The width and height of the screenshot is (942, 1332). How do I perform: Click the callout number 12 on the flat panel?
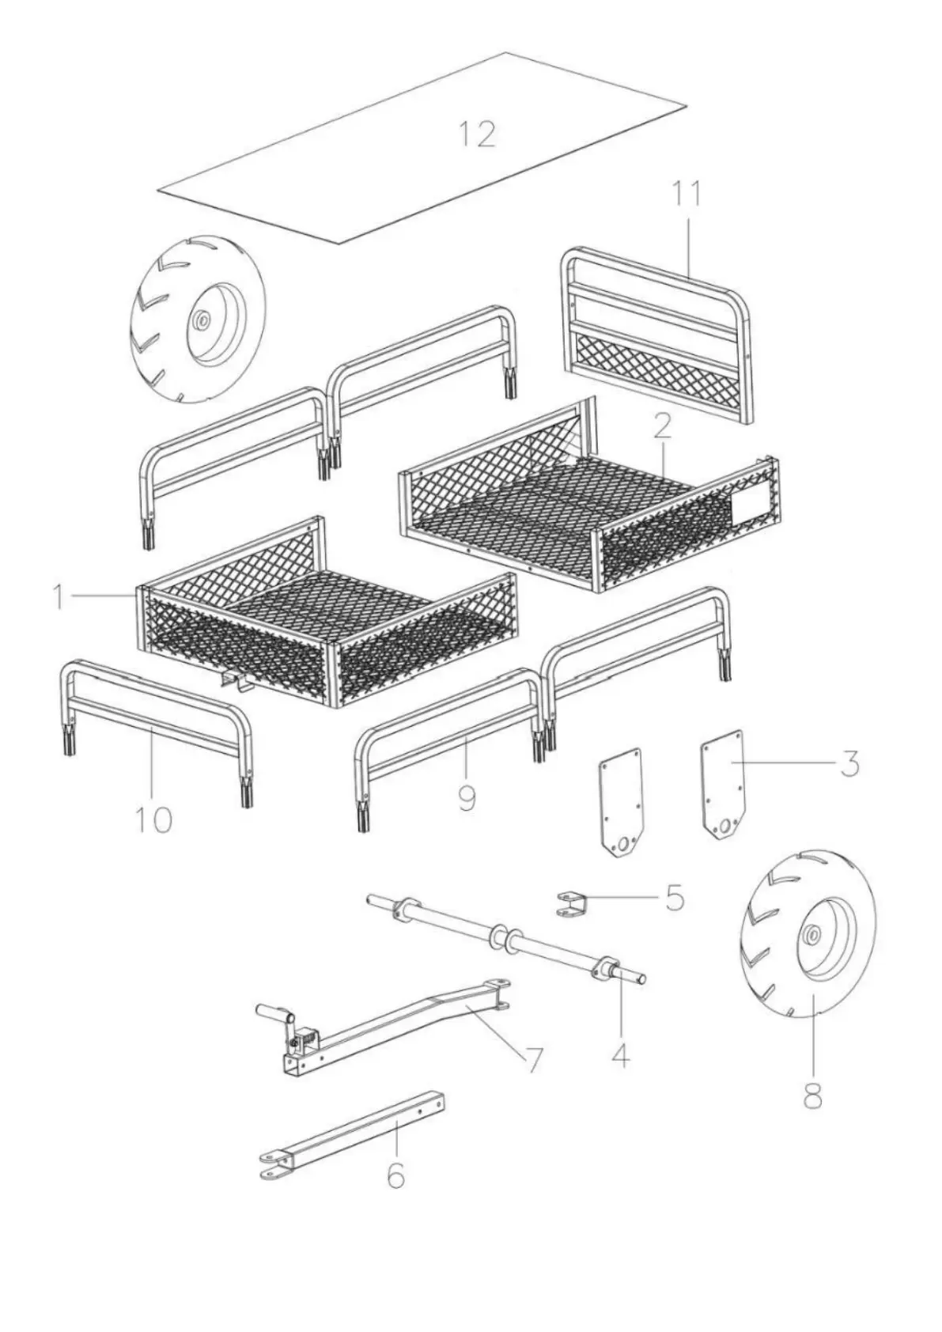point(479,134)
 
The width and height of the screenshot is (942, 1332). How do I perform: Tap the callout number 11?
point(687,194)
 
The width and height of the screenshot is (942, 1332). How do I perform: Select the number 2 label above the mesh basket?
point(662,426)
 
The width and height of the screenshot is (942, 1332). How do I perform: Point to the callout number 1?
point(58,596)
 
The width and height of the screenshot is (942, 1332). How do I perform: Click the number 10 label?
point(153,819)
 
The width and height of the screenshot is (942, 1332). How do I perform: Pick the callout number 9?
point(467,797)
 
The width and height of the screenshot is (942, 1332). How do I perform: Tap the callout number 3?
point(849,764)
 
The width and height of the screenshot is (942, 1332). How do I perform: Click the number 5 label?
point(674,899)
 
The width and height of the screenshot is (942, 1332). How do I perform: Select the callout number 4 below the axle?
point(621,1054)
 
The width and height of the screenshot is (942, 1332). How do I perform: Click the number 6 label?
point(395,1175)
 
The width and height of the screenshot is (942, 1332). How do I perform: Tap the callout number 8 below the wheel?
point(812,1096)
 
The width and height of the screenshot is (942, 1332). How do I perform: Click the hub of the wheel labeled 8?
point(812,935)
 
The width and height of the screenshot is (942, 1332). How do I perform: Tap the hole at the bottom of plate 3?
point(723,827)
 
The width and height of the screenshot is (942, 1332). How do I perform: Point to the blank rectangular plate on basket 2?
point(750,509)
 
